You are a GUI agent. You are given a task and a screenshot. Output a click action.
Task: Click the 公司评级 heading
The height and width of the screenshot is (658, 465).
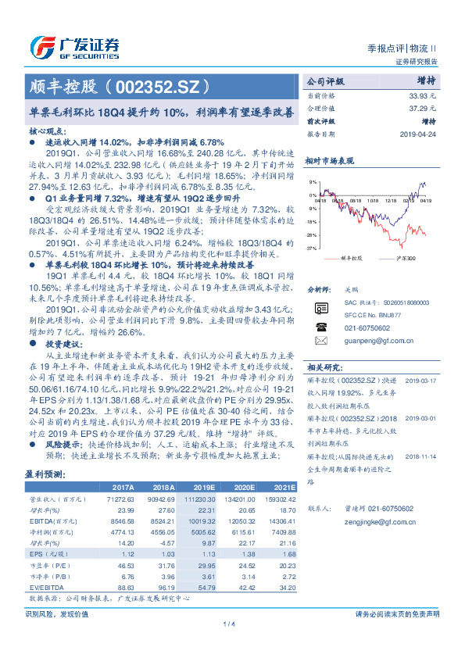[326, 81]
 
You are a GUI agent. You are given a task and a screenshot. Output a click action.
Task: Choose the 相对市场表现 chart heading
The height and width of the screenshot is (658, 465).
[329, 160]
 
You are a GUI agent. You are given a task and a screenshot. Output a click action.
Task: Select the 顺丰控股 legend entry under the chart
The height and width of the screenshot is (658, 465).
[352, 257]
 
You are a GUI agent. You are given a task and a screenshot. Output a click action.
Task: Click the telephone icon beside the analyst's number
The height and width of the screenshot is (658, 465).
[320, 327]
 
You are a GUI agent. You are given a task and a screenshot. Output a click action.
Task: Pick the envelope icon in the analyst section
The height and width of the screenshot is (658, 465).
[320, 341]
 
